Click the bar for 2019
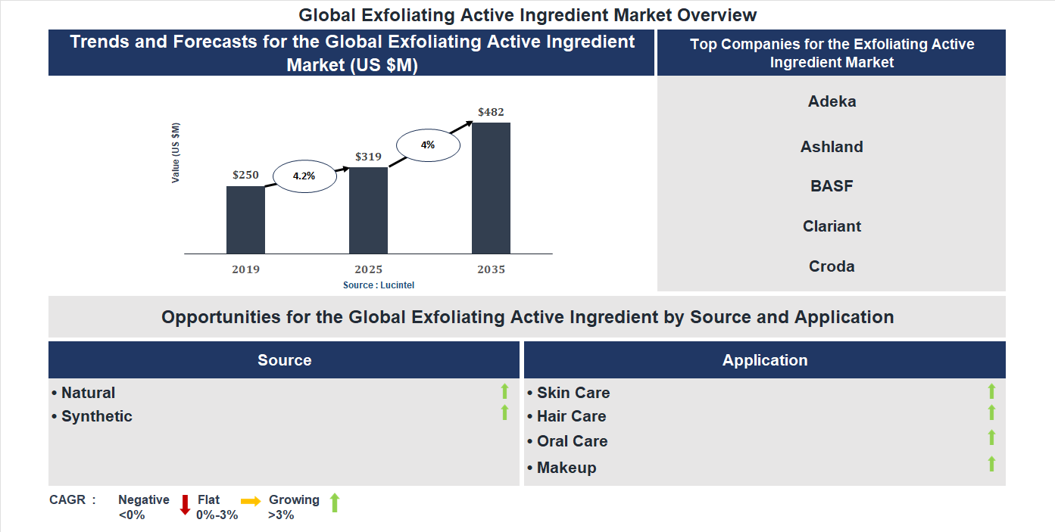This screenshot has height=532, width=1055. [x=245, y=219]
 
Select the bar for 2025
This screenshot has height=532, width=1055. [x=368, y=210]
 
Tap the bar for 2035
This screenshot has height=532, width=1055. [x=491, y=188]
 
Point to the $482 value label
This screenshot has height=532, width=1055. [x=491, y=112]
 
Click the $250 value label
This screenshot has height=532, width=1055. [x=245, y=175]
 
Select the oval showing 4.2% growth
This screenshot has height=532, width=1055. [x=304, y=176]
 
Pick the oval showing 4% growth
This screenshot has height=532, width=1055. [x=428, y=145]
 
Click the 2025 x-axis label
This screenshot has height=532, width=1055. [x=368, y=269]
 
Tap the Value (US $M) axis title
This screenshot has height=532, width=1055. [x=176, y=153]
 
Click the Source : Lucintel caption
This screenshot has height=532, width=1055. [x=379, y=285]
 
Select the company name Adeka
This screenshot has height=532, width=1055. [x=832, y=101]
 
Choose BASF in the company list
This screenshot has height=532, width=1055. [x=832, y=186]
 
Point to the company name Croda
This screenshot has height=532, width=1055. [x=832, y=266]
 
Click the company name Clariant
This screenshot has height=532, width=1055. [x=832, y=226]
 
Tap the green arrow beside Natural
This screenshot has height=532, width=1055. [x=504, y=391]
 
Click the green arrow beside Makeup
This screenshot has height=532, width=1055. [x=991, y=464]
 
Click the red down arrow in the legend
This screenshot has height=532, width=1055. [x=185, y=505]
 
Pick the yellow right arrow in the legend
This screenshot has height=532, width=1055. [x=251, y=501]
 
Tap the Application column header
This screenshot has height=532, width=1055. [x=765, y=360]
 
